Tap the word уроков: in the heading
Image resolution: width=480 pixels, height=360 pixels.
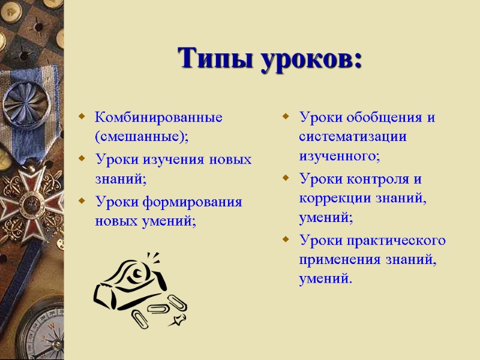pyautogui.click(x=311, y=59)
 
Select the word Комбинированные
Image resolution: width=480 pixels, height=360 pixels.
pyautogui.click(x=158, y=116)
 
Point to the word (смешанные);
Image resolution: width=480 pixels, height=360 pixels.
pyautogui.click(x=141, y=136)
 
